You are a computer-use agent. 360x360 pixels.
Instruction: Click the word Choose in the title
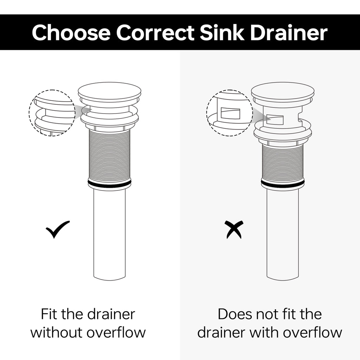71,33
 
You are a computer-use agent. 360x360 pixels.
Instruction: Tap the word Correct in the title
155,33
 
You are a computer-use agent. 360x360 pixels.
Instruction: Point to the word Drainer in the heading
289,32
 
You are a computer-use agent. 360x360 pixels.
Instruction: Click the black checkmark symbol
57,229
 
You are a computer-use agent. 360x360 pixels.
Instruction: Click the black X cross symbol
234,230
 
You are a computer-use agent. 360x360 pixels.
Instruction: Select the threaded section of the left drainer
110,155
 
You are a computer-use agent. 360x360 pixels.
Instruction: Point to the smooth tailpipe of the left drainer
110,233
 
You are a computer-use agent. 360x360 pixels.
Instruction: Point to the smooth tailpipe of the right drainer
283,233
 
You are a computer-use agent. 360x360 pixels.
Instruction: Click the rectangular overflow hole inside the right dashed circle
230,113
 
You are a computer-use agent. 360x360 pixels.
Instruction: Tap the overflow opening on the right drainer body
275,119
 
